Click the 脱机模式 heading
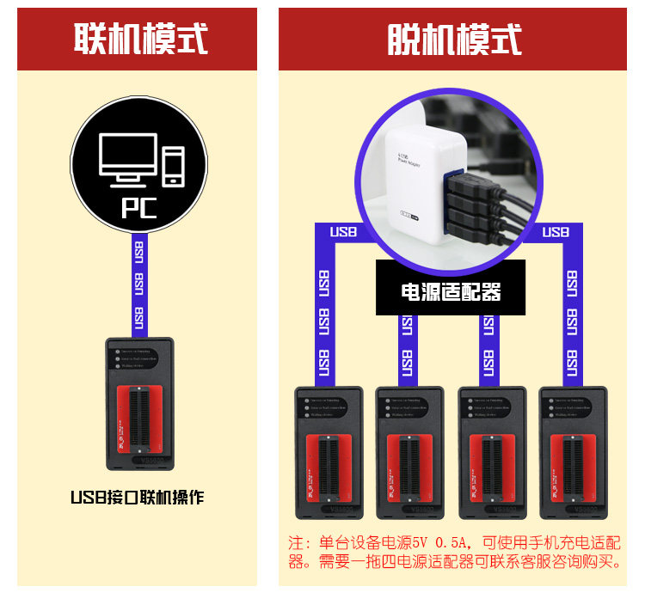(x=454, y=40)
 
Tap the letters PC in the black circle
(x=138, y=207)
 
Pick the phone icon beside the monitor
(x=174, y=166)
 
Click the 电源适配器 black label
(x=451, y=291)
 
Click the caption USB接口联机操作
(x=138, y=498)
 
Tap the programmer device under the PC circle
(x=139, y=404)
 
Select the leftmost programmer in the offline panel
(x=328, y=453)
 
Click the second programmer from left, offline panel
(x=409, y=453)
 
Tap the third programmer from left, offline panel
(x=491, y=453)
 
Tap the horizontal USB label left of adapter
(x=344, y=232)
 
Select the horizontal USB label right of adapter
(x=556, y=232)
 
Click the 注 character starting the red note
(x=297, y=543)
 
